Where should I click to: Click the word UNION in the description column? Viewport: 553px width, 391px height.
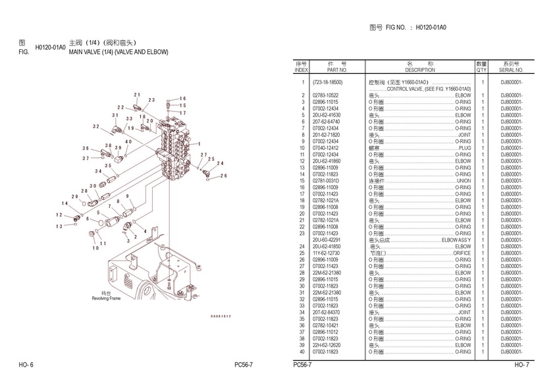(463, 181)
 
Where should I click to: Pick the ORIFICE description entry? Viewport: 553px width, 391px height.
(462, 253)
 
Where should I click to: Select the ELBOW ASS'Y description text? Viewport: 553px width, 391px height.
(457, 240)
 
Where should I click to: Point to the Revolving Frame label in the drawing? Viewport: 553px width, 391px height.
(106, 298)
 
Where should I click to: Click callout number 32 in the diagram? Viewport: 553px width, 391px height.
(96, 126)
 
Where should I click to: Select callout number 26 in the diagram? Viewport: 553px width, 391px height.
(224, 176)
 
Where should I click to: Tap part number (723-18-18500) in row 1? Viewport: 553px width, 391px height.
(327, 82)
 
